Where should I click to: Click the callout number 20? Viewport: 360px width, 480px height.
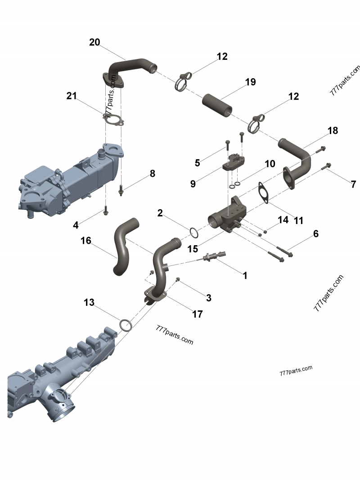pyautogui.click(x=94, y=42)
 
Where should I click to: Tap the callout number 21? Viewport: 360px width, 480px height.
pyautogui.click(x=72, y=96)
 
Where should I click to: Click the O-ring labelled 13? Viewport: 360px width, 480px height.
pyautogui.click(x=126, y=325)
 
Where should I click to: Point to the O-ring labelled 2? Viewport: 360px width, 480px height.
pyautogui.click(x=194, y=233)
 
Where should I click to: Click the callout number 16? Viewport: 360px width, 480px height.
pyautogui.click(x=85, y=241)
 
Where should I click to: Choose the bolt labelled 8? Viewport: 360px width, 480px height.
pyautogui.click(x=121, y=190)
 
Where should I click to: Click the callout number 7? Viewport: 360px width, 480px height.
pyautogui.click(x=354, y=184)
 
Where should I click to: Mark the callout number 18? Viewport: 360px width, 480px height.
pyautogui.click(x=333, y=130)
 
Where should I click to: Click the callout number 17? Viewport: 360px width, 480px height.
pyautogui.click(x=198, y=314)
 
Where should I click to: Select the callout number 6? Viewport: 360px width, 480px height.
pyautogui.click(x=316, y=234)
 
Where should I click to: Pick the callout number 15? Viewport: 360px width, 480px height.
pyautogui.click(x=193, y=249)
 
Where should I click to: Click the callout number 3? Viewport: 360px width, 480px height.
pyautogui.click(x=209, y=297)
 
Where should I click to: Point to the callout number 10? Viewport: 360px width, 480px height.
pyautogui.click(x=270, y=164)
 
